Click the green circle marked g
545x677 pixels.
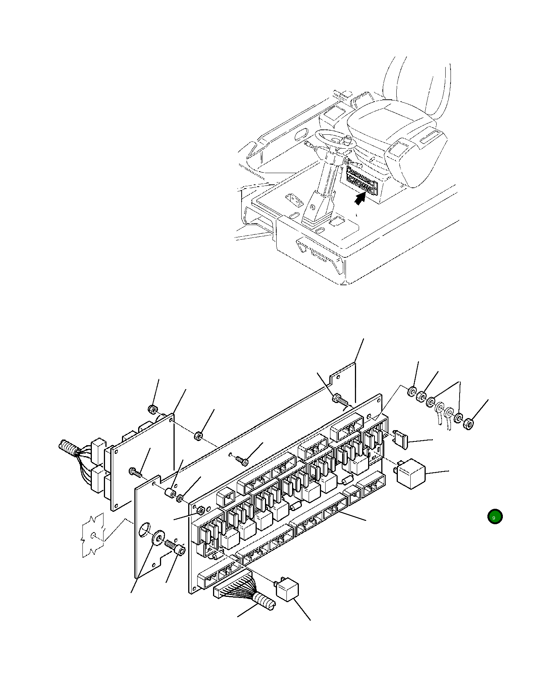tap(495, 517)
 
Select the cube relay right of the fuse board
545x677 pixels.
tap(411, 473)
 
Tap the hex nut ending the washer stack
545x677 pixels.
tap(469, 424)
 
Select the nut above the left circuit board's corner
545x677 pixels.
tap(152, 409)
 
